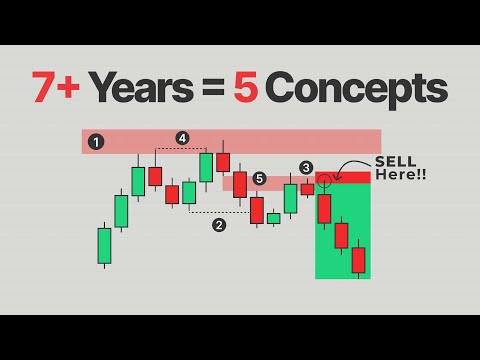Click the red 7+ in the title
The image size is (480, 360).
click(x=55, y=89)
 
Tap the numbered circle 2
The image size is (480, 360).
click(x=219, y=225)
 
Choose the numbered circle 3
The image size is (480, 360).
click(x=306, y=167)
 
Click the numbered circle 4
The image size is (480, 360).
click(x=182, y=138)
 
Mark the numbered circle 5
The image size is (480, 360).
click(x=259, y=179)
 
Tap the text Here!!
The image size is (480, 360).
click(x=398, y=176)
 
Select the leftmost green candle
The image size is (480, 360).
click(x=104, y=245)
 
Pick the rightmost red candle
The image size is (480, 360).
click(x=359, y=259)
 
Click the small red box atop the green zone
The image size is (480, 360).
click(x=343, y=178)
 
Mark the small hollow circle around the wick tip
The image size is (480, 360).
click(x=324, y=182)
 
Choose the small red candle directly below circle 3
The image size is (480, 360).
click(x=307, y=189)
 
